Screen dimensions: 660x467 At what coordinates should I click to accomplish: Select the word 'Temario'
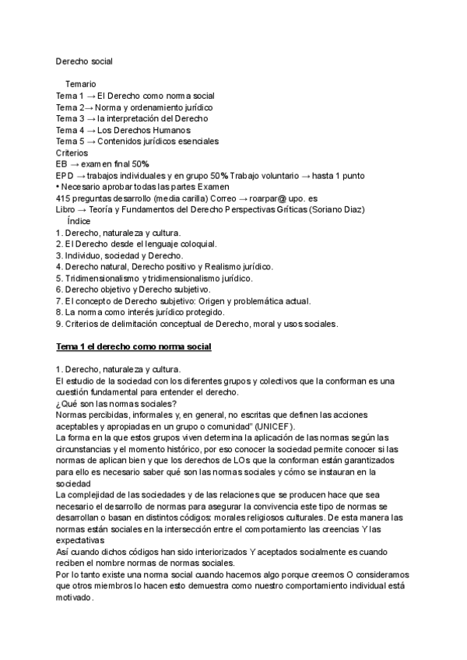click(x=81, y=83)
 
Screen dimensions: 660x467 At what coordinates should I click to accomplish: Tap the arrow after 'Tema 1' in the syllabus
click(x=91, y=95)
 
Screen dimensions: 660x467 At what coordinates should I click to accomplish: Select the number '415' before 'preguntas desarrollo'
click(x=64, y=198)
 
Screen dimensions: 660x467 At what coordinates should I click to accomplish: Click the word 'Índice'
click(x=79, y=222)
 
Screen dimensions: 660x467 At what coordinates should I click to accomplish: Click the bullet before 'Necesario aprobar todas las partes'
click(x=58, y=187)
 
